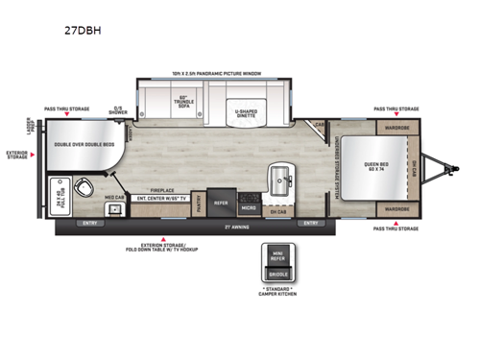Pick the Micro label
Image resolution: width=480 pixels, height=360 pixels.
[x=249, y=206]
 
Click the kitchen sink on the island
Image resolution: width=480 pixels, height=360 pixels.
[x=285, y=177]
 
